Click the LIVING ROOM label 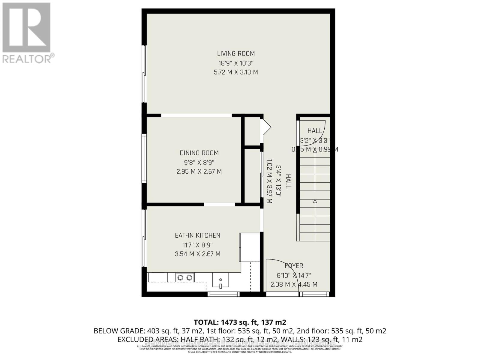(236, 54)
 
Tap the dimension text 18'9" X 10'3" (236, 63)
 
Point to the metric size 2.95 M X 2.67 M (199, 172)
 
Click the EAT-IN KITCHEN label (197, 235)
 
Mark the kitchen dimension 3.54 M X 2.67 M (197, 254)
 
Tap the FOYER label (294, 266)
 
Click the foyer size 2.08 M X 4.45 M (294, 284)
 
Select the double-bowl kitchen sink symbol (185, 277)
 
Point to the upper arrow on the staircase (315, 151)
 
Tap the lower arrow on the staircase (315, 202)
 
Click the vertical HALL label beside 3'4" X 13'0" (288, 181)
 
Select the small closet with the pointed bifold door (252, 131)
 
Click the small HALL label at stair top (315, 131)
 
